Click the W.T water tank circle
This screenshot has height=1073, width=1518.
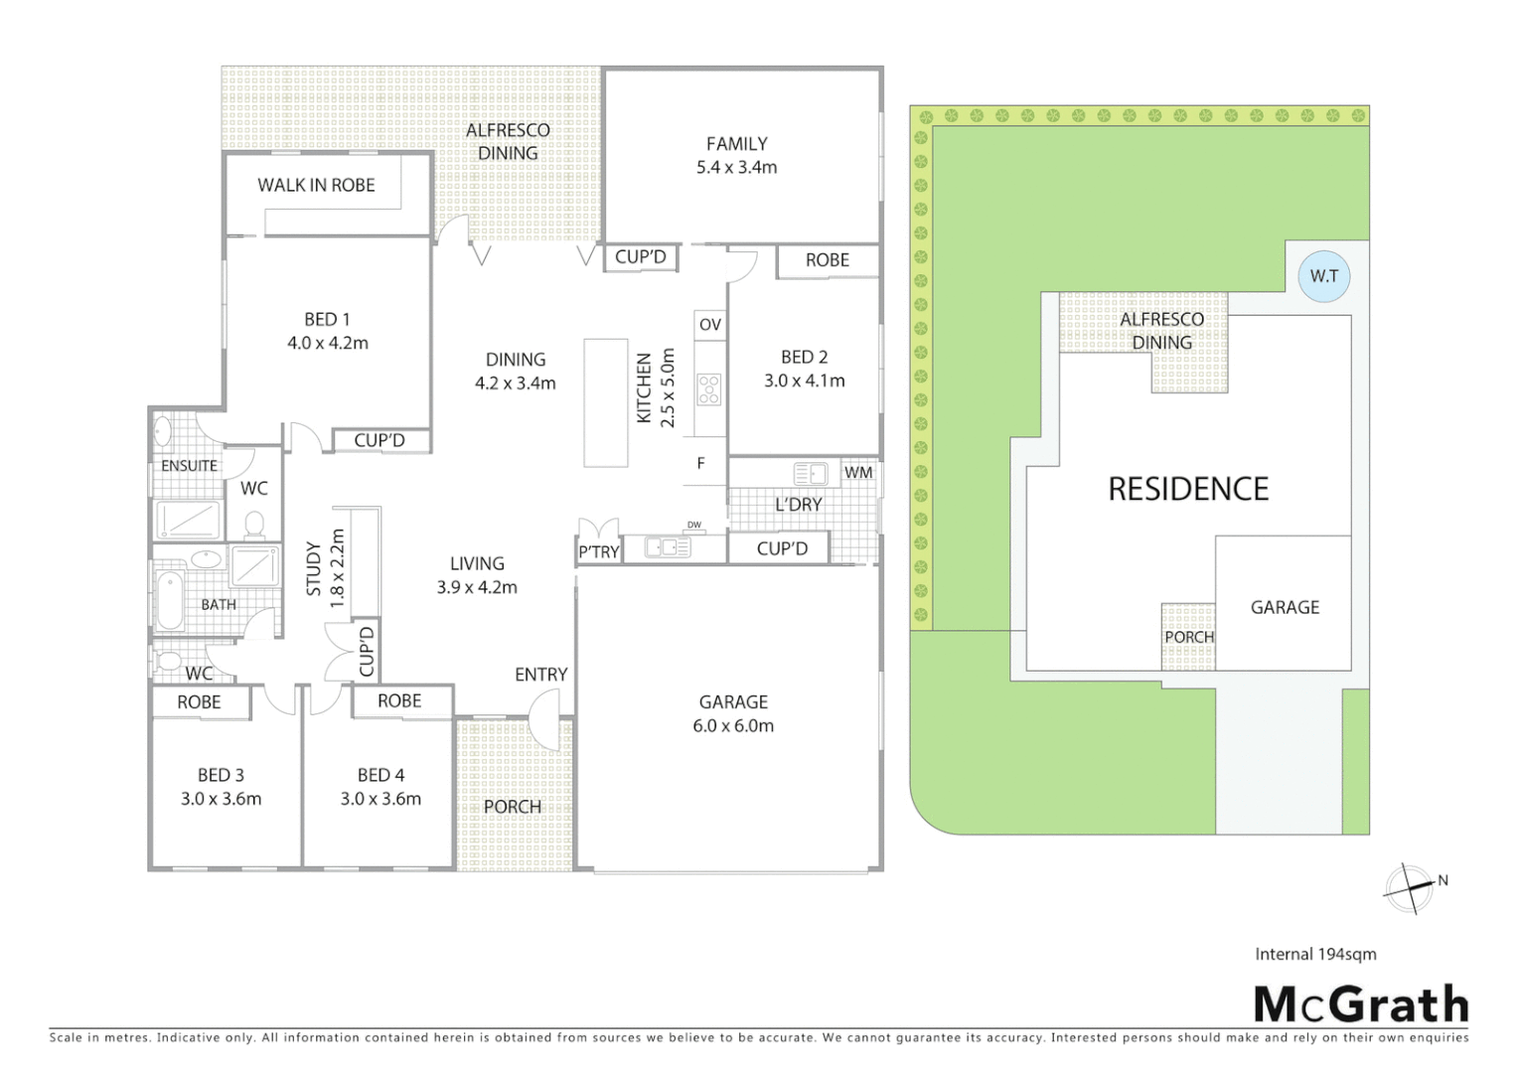1323,276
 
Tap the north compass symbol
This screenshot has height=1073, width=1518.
1411,886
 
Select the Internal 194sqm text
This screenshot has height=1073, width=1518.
1315,954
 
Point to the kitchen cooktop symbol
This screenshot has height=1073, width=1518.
708,388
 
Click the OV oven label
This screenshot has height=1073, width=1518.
709,325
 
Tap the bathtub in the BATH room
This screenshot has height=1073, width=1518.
168,600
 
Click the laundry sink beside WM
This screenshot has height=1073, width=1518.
811,473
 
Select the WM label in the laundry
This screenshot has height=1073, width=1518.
858,473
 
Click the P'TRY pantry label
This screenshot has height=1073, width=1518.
598,551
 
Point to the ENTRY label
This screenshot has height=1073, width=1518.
540,675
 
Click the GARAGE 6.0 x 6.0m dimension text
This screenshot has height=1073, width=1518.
733,726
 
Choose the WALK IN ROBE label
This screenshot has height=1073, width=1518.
316,185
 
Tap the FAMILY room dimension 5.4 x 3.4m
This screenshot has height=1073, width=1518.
736,167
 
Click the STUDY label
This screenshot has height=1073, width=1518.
314,568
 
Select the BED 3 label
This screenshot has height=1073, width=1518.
221,775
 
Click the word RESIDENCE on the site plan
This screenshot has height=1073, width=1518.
1188,489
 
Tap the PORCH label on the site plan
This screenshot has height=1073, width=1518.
1188,637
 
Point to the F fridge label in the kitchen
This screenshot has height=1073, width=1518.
700,463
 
